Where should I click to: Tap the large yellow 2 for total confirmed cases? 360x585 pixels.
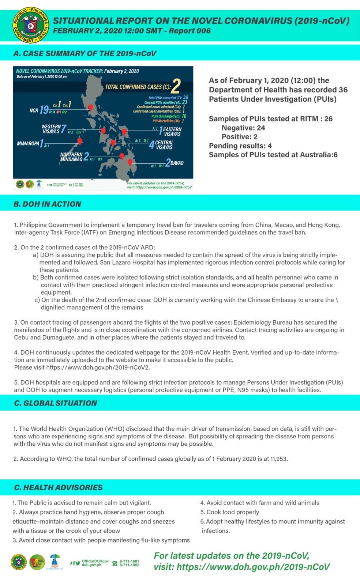(176, 86)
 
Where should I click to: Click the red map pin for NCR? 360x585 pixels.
(91, 107)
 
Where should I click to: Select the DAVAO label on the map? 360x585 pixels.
(177, 163)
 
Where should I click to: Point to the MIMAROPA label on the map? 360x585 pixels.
(28, 143)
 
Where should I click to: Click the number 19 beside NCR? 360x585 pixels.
(44, 110)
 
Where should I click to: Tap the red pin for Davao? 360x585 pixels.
(130, 162)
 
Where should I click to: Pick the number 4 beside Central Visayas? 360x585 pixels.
(151, 145)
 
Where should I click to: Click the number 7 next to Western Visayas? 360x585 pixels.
(64, 129)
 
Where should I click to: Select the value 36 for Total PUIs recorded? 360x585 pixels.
(185, 98)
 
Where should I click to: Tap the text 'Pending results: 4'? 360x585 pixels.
(240, 146)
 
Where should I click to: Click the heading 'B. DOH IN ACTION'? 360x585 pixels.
(47, 204)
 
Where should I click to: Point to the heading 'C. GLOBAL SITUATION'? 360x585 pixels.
(55, 403)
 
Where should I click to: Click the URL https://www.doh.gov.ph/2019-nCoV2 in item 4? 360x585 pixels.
(98, 367)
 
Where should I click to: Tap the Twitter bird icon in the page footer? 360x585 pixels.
(78, 563)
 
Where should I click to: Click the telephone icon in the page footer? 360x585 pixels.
(115, 563)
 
